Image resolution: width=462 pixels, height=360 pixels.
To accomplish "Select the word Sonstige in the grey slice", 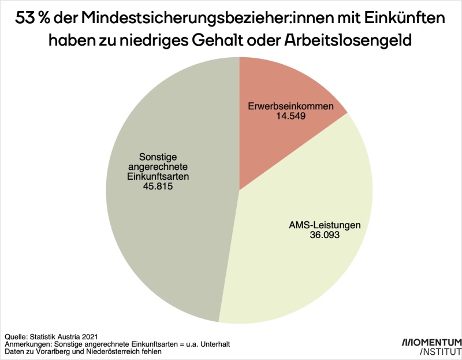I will (158, 157).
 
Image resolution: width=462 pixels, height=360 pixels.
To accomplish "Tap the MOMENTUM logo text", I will (432, 342).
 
